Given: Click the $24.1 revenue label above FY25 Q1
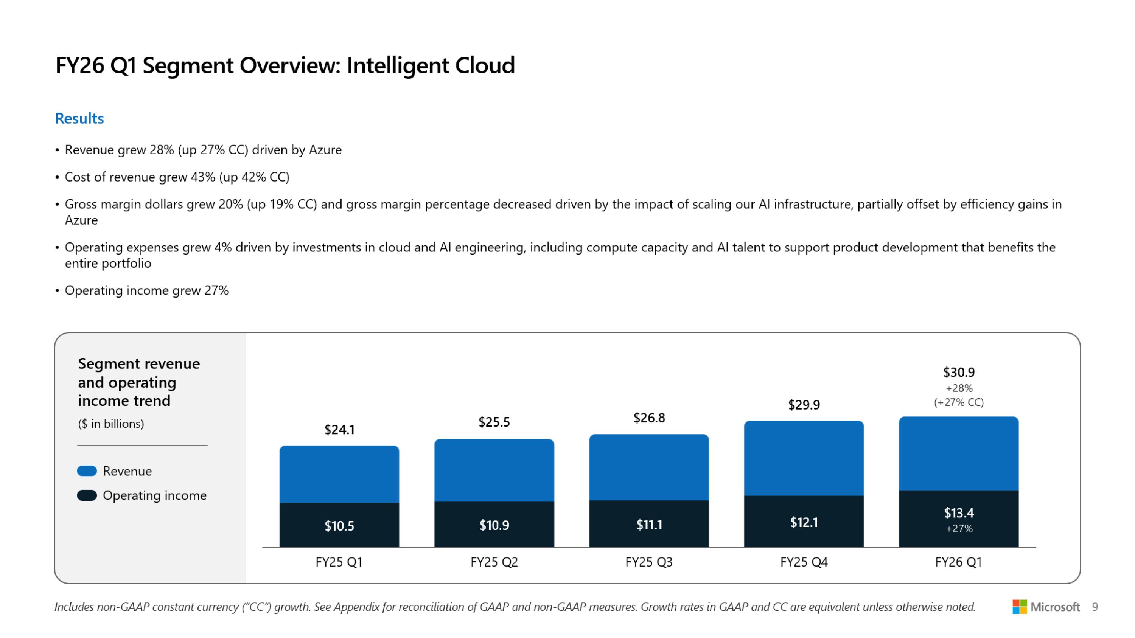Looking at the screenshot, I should point(339,429).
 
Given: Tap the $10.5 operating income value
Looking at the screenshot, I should point(339,525).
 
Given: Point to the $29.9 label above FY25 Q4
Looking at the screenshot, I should point(804,405).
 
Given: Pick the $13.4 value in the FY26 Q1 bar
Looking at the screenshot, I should point(959,512).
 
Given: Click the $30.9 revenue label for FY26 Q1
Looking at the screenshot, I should point(959,373).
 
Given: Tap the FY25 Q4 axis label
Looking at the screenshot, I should point(804,562).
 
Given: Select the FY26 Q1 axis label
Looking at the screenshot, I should point(958,562).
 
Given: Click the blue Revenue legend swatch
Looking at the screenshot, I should point(87,471).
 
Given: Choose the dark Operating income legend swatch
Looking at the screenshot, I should point(87,495).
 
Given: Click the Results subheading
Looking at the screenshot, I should point(79,118).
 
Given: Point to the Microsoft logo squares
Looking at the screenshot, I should point(1019,607).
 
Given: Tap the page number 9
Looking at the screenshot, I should point(1095,607).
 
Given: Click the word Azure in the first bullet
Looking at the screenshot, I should point(325,150).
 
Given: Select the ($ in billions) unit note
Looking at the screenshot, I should point(111,424).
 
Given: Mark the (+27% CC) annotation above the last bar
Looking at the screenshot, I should point(959,402).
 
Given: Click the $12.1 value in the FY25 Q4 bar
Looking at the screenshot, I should point(804,522).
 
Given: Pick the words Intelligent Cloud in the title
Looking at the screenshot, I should point(431,65).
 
